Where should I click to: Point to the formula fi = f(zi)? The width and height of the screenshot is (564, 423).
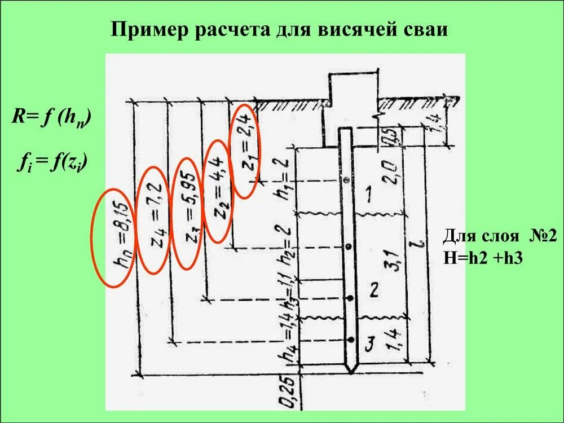coord(55,164)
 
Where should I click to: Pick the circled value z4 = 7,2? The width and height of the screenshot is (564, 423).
coord(153,220)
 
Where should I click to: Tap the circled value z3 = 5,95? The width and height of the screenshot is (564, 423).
coord(187,213)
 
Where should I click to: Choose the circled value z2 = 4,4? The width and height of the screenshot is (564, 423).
coord(217,191)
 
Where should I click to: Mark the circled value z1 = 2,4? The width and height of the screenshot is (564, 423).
coord(246,151)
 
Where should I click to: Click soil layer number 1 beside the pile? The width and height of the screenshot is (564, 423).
coord(368,195)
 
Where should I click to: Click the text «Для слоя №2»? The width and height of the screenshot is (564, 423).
coord(499,236)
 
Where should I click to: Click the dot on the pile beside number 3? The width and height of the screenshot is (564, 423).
coord(350,340)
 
